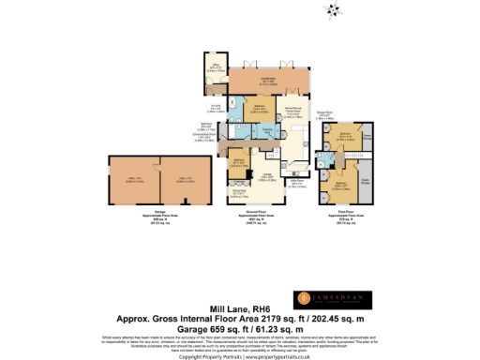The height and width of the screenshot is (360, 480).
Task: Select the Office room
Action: (215, 69)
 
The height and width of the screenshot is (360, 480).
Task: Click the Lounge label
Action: (266, 178)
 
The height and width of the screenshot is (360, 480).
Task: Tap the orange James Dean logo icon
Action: (304, 298)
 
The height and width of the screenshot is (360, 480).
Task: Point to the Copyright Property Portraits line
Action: (239, 355)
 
